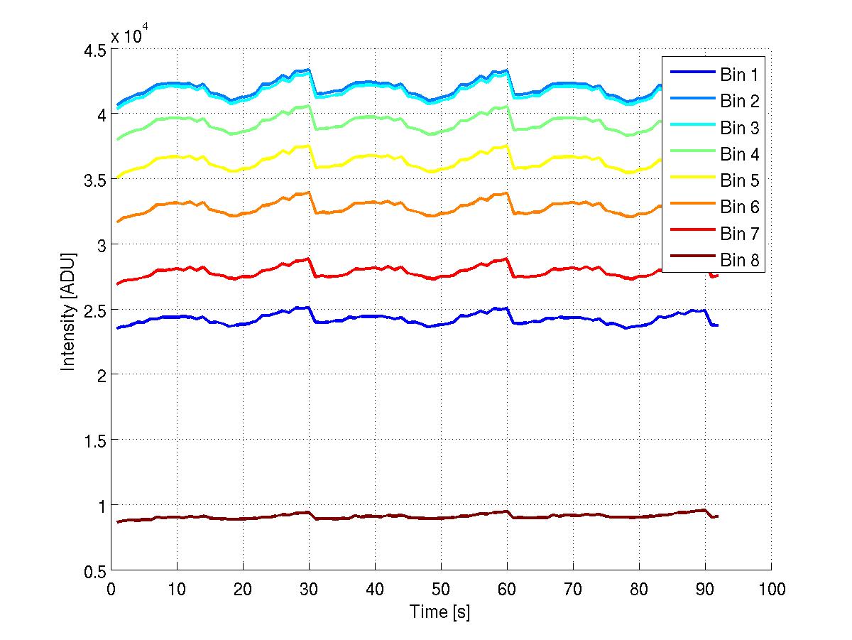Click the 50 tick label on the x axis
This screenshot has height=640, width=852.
click(x=441, y=589)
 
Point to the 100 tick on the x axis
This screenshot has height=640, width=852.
click(x=771, y=589)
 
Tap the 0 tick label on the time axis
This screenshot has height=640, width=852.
click(x=111, y=589)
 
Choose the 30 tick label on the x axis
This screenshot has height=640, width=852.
click(x=309, y=589)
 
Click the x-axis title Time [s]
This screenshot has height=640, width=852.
click(x=439, y=612)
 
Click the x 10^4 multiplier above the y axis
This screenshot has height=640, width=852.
click(x=129, y=36)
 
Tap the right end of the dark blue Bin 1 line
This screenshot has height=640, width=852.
click(x=717, y=325)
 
